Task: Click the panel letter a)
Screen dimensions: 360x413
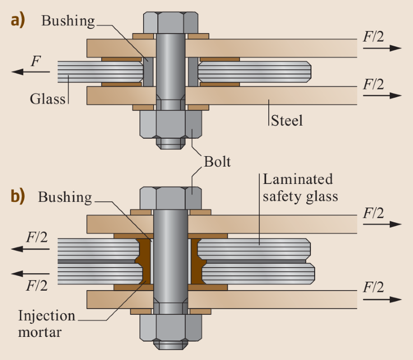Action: (18, 22)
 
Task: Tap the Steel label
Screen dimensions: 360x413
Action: (287, 121)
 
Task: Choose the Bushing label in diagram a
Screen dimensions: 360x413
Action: (68, 20)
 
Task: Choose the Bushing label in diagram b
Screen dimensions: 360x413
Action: (65, 197)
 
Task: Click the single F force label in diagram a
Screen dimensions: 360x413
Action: (35, 61)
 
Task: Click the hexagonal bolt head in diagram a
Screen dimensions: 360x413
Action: (170, 23)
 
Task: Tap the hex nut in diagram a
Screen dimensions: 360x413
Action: (170, 124)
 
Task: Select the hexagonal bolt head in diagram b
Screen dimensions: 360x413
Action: (170, 199)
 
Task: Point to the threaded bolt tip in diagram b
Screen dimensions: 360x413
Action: (170, 344)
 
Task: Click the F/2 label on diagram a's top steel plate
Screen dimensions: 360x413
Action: (373, 37)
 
